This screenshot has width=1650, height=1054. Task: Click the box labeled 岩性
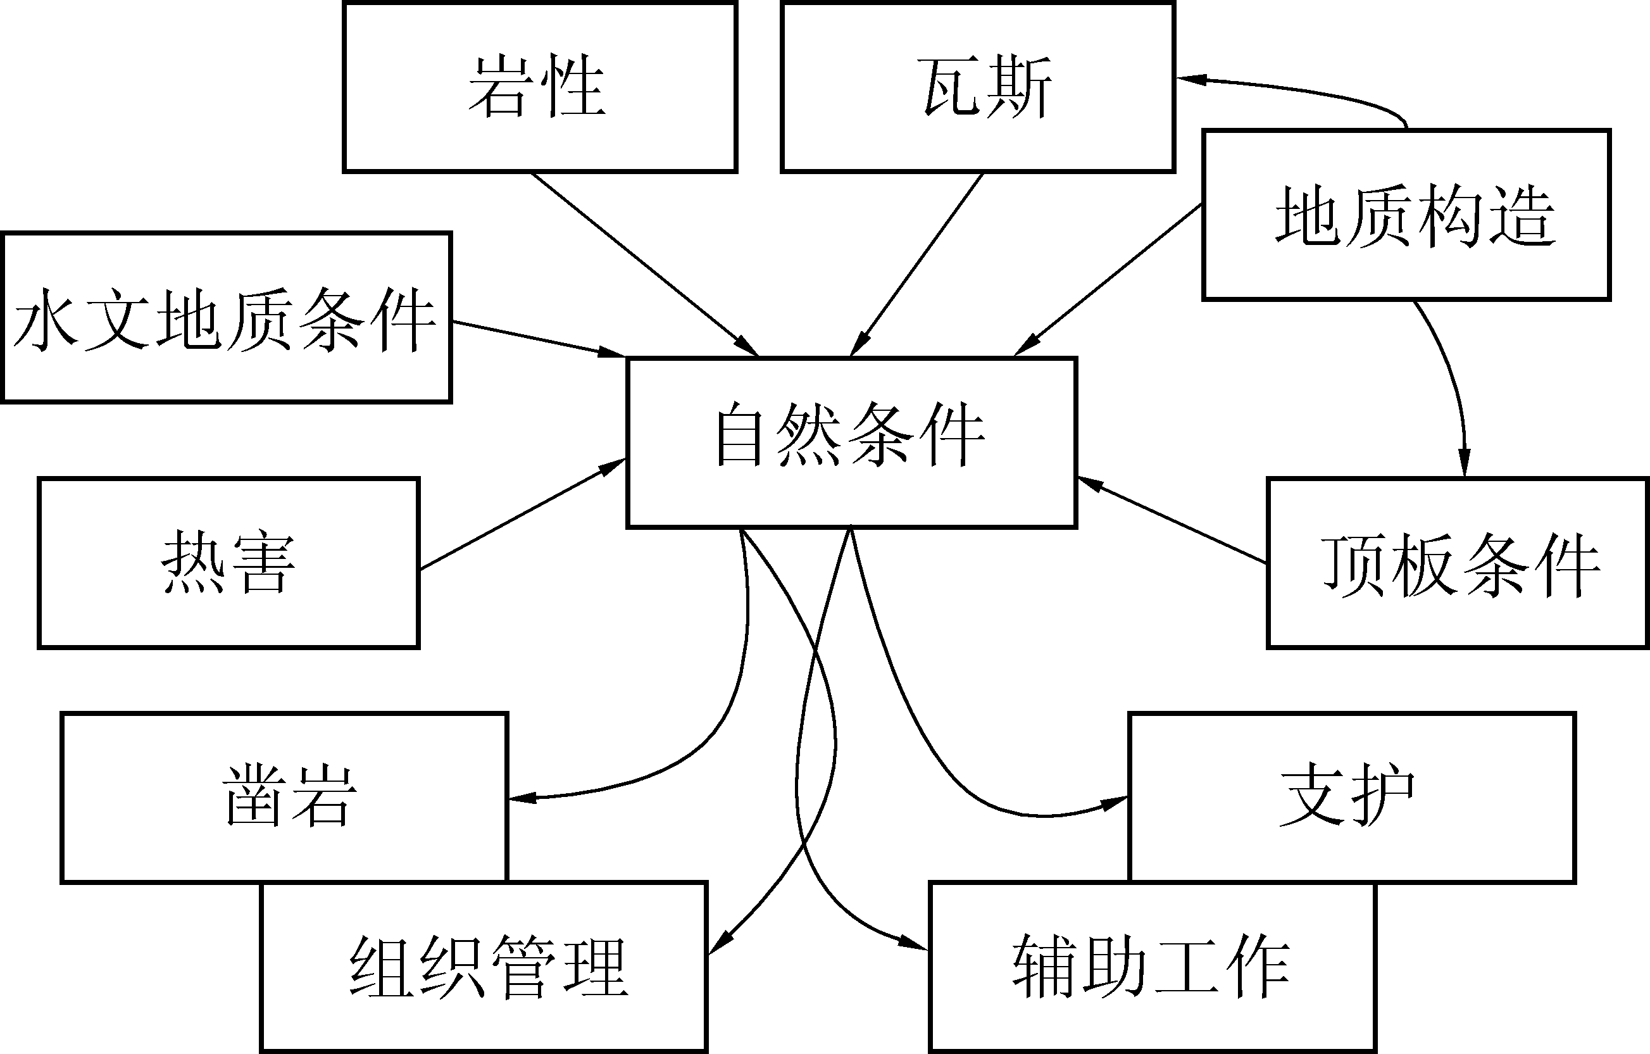[539, 87]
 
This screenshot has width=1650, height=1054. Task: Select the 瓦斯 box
[978, 87]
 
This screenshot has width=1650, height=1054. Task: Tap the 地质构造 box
[1406, 215]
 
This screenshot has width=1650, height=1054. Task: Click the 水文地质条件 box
[226, 317]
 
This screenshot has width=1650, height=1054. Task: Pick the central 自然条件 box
[852, 442]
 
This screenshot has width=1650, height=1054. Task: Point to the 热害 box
[228, 562]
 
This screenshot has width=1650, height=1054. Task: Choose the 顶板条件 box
[1458, 562]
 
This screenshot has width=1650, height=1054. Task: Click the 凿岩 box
[284, 797]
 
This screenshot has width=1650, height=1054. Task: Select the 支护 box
[1352, 797]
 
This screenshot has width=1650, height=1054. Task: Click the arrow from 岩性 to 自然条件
[644, 264]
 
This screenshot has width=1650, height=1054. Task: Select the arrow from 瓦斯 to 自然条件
[917, 264]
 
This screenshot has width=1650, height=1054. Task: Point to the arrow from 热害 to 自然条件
[522, 514]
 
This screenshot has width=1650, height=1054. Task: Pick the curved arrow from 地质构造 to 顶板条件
[1451, 384]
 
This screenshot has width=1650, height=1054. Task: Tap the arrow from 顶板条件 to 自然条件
[1172, 521]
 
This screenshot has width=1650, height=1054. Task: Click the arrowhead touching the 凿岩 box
[521, 798]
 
